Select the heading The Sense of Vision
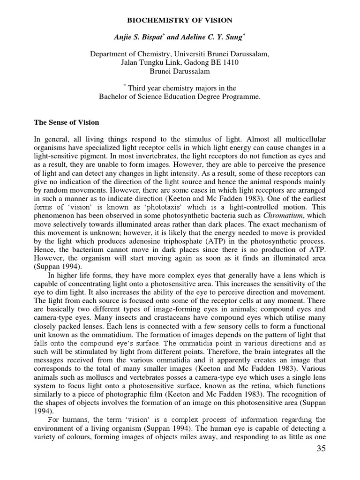click(66, 123)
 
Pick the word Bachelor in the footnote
click(113, 97)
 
